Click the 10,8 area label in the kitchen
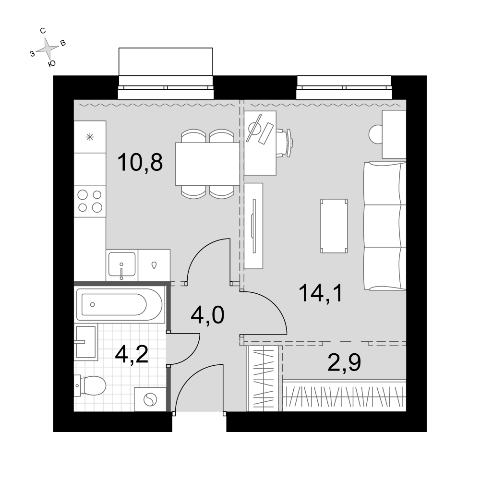click(140, 163)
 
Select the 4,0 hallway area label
click(207, 315)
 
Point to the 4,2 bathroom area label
click(132, 354)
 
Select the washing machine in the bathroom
click(150, 399)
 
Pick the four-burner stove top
click(90, 201)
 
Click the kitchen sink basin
click(122, 264)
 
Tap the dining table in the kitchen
click(207, 164)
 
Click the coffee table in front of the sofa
click(334, 226)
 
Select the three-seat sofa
click(385, 226)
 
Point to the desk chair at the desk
click(285, 143)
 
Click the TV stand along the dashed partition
click(253, 226)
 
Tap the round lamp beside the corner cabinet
click(375, 134)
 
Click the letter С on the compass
click(43, 31)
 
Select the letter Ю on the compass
click(52, 63)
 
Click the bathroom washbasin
click(86, 342)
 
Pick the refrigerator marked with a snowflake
click(90, 137)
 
